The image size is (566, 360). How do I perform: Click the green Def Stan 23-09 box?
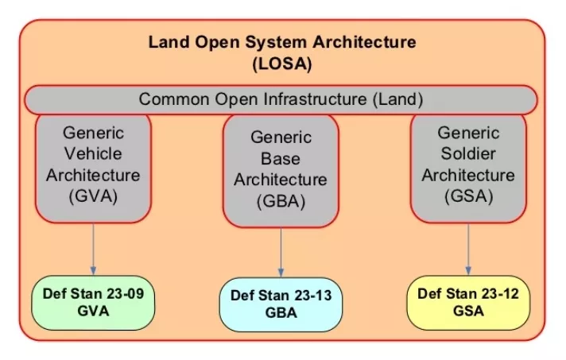[93, 303]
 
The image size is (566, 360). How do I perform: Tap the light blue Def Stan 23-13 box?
[281, 304]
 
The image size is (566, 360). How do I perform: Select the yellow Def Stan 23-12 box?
[468, 301]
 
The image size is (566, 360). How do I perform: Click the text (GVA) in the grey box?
[93, 196]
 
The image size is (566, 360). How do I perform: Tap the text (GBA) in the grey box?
[281, 201]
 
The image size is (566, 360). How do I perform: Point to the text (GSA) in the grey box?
[468, 195]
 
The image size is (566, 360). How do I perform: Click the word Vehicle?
[93, 153]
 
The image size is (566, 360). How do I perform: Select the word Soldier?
[468, 153]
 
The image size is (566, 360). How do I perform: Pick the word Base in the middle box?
[281, 159]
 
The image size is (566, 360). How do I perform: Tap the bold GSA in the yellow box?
[468, 310]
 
